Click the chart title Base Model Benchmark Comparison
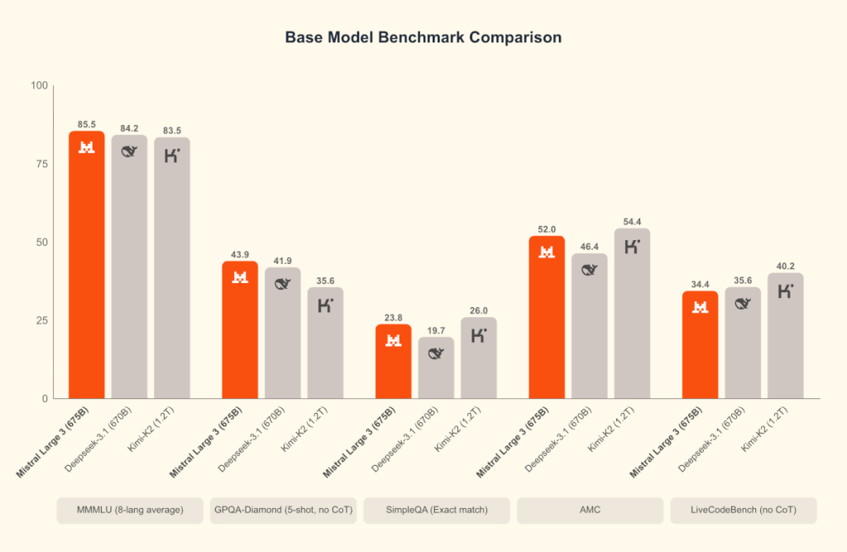(423, 38)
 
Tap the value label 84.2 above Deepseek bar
(129, 128)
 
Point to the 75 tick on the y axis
(39, 164)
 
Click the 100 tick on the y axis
(36, 85)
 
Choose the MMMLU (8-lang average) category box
(130, 511)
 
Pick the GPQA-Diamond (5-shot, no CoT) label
(283, 511)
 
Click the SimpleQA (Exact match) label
(437, 511)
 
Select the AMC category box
(590, 511)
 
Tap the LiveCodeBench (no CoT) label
(744, 511)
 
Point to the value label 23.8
(394, 317)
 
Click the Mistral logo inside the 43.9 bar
(240, 277)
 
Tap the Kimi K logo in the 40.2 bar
(786, 290)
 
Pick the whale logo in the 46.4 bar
(590, 269)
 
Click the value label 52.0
(547, 229)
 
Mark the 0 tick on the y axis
(44, 399)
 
